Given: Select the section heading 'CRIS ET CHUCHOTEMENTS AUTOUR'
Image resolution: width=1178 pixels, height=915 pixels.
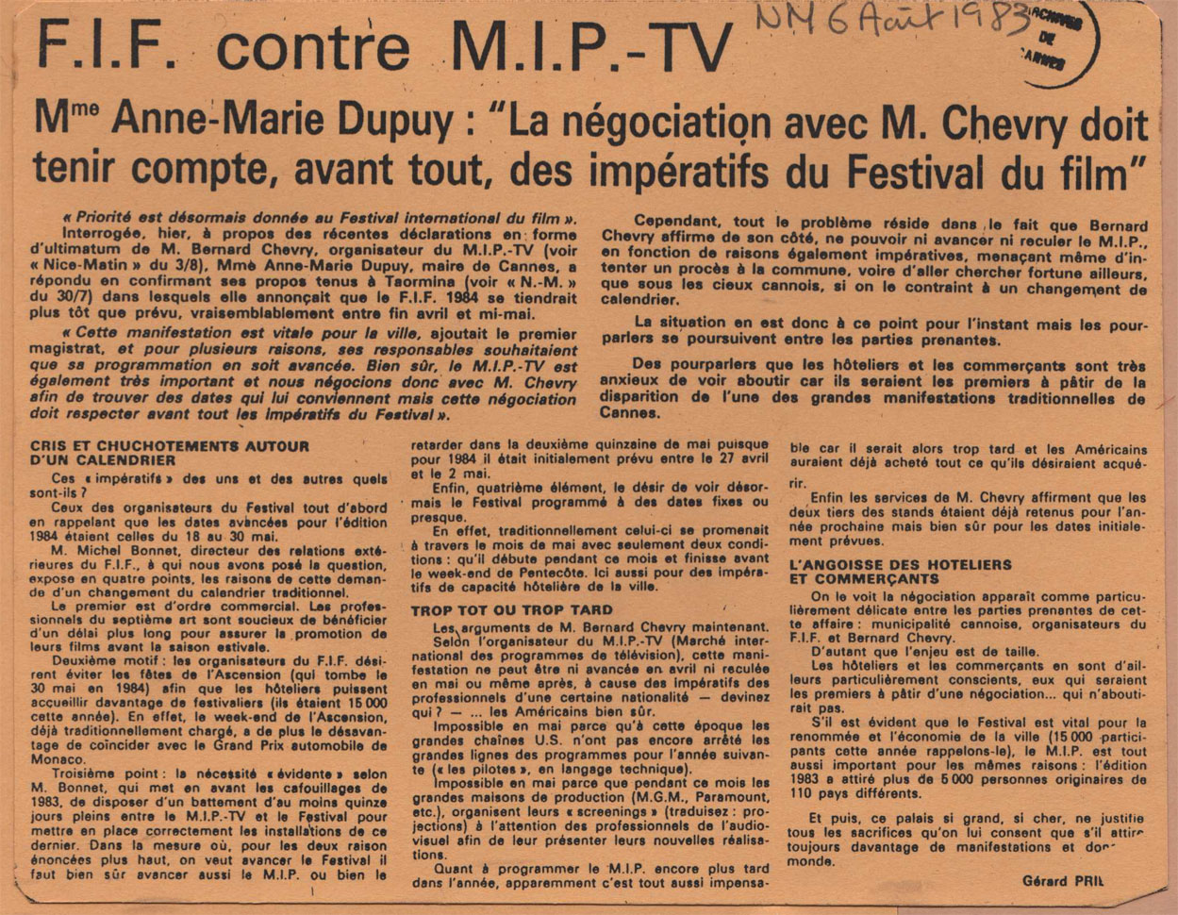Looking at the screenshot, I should [169, 447].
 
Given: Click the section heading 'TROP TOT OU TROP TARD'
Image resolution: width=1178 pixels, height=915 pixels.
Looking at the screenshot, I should [511, 610].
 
